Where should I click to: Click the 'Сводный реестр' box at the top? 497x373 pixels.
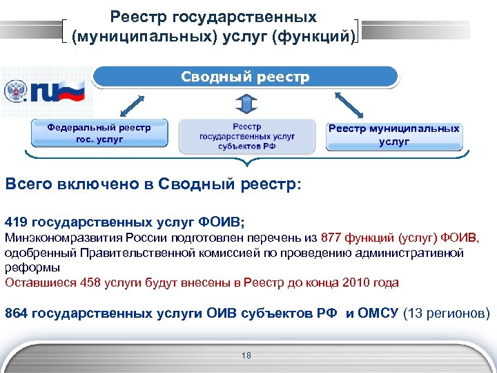245,77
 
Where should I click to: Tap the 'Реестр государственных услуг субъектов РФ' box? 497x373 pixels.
246,136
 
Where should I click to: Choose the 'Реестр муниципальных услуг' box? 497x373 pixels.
393,135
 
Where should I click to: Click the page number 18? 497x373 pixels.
247,356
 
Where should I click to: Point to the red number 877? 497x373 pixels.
333,238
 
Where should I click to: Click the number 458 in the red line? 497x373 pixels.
91,282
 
